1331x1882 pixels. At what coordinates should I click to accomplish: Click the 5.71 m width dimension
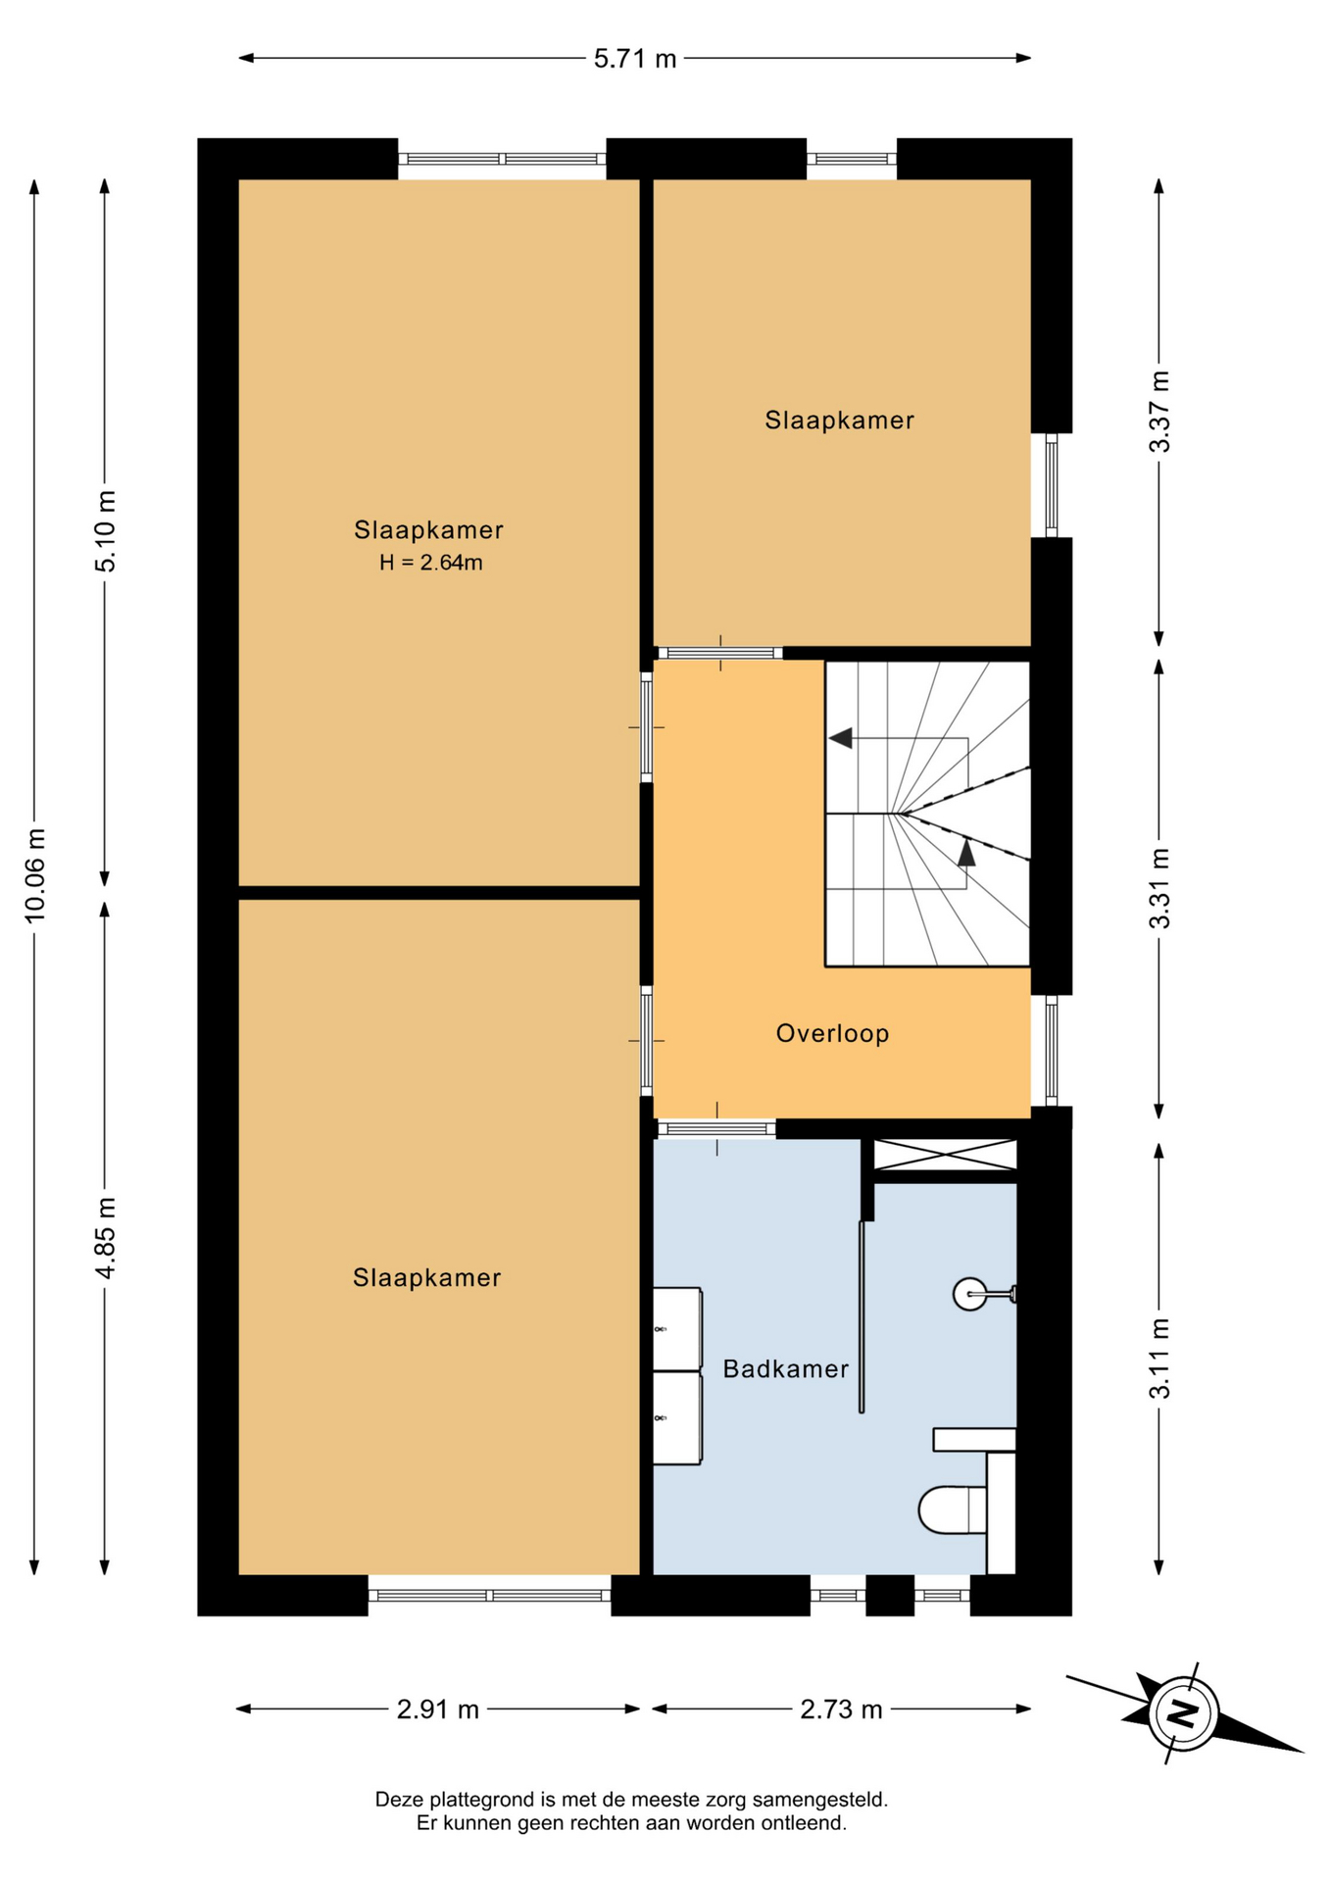(x=635, y=59)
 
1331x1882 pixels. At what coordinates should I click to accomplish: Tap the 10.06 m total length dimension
(x=35, y=875)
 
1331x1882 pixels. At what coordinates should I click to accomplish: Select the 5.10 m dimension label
(x=105, y=530)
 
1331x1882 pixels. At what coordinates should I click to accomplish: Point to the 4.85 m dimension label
(x=105, y=1237)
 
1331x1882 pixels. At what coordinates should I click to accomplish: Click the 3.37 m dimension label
(x=1159, y=412)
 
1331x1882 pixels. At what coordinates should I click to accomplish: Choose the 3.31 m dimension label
(x=1159, y=888)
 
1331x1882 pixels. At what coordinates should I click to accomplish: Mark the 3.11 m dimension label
(x=1159, y=1359)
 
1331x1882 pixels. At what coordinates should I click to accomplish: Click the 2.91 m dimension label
(x=438, y=1709)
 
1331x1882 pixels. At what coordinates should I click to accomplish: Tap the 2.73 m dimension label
(x=842, y=1709)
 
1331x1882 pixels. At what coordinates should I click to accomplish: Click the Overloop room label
(x=832, y=1033)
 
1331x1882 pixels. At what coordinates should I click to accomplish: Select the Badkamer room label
(x=786, y=1368)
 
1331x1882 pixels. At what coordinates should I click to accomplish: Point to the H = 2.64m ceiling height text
(x=431, y=563)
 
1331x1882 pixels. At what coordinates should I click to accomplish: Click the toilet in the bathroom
(x=953, y=1510)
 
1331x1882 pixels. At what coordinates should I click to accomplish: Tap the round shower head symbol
(x=969, y=1294)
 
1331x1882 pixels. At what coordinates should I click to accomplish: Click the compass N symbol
(x=1184, y=1713)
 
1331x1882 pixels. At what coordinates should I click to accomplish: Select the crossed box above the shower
(x=945, y=1155)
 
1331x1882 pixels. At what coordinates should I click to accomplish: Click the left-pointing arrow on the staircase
(x=841, y=738)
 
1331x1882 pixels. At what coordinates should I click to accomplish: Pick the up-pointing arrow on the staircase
(x=966, y=852)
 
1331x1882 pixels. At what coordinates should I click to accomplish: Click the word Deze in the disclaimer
(x=397, y=1800)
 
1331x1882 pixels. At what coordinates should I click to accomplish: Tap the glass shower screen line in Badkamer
(x=862, y=1316)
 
